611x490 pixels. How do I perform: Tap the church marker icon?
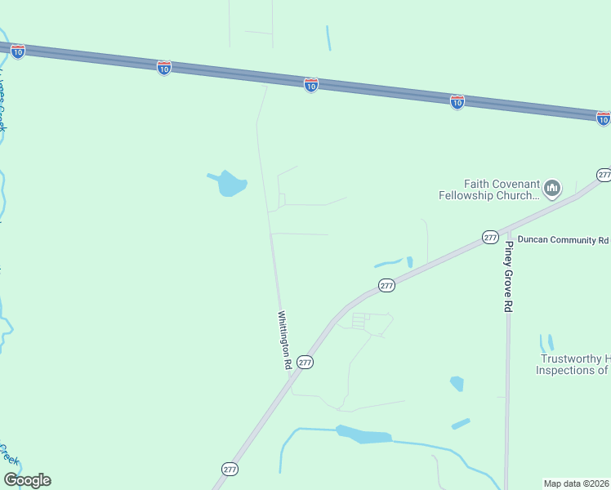[552, 189]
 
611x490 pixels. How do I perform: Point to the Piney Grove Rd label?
[508, 276]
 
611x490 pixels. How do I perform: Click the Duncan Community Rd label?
[563, 241]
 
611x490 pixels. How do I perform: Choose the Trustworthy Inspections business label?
[573, 364]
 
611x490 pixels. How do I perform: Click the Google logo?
[27, 480]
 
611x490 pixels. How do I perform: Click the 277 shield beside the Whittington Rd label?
[305, 362]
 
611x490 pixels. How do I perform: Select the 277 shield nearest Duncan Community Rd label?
[489, 237]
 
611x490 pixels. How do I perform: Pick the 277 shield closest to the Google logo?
[230, 469]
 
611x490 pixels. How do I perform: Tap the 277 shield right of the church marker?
[604, 175]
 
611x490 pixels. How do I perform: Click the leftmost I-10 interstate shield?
[18, 51]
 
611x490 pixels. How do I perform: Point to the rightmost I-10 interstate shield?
[603, 119]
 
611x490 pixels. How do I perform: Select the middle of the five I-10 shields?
[310, 85]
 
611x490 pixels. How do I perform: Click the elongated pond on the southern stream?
[363, 435]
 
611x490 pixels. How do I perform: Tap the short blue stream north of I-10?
[328, 38]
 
